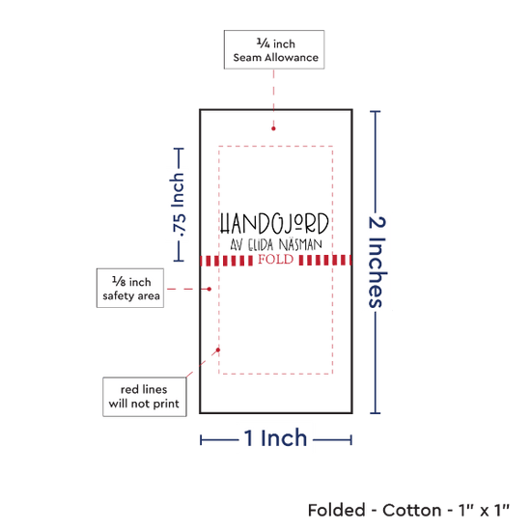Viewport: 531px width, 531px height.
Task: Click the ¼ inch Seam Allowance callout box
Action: (274, 50)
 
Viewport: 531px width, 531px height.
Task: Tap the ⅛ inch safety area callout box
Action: (130, 289)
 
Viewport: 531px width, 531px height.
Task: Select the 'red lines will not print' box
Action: (145, 397)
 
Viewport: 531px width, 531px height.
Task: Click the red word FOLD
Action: (276, 260)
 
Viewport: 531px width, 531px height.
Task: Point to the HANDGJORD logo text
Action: (274, 224)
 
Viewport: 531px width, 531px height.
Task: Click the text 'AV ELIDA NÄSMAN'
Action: (276, 244)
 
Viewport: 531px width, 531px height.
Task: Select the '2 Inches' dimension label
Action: (377, 262)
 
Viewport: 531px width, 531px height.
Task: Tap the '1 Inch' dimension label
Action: (275, 438)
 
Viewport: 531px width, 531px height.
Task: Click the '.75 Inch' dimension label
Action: (179, 205)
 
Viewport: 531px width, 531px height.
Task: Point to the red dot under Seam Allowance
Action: (273, 128)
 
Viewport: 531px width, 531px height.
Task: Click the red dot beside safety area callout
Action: (210, 289)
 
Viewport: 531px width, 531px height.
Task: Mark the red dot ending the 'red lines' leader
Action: (218, 349)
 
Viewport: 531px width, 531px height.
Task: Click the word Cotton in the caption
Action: (412, 511)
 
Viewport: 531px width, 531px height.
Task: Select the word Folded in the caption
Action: (336, 511)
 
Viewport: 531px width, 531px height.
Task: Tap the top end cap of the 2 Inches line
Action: (376, 111)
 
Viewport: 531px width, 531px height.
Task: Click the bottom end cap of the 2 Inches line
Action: (376, 413)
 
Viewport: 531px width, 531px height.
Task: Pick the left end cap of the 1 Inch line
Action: (201, 440)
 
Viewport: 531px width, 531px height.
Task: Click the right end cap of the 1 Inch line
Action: (351, 440)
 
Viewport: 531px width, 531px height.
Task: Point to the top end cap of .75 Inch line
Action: (179, 149)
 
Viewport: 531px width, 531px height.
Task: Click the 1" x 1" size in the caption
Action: (484, 511)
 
